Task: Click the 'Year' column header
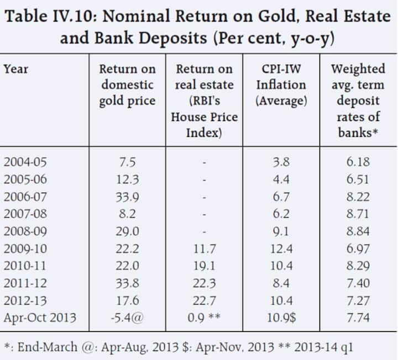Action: tap(15, 70)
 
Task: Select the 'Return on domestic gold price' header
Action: tap(127, 85)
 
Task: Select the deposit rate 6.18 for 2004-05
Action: tap(358, 162)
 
